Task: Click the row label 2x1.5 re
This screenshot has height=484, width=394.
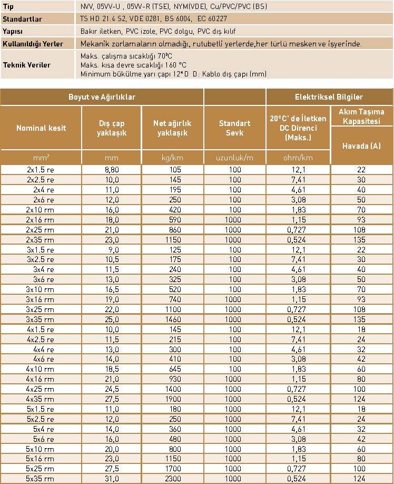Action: pos(41,170)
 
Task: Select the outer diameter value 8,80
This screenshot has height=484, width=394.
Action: pos(112,170)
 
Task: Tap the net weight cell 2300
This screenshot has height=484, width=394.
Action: pos(173,479)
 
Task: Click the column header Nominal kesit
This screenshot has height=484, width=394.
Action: pos(41,128)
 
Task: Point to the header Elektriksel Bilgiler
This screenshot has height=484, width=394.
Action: pos(329,97)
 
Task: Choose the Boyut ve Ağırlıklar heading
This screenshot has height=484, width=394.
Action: pos(102,97)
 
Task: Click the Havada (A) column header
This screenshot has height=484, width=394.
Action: pos(361,146)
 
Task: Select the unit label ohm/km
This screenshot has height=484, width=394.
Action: pos(298,158)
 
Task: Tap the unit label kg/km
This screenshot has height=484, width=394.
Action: pos(173,158)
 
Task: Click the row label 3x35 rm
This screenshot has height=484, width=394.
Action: pos(41,320)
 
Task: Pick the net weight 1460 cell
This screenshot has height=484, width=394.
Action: pos(173,320)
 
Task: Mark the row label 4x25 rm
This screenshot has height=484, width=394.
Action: pos(41,389)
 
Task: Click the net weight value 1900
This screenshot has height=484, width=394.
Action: pos(173,399)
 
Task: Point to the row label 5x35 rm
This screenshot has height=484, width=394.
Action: pos(41,479)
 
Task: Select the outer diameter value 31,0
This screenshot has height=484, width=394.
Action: pos(112,479)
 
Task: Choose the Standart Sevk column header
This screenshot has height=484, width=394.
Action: pos(234,128)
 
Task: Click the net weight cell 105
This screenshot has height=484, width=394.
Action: pos(173,170)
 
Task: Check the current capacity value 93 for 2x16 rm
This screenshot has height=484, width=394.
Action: pos(361,219)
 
